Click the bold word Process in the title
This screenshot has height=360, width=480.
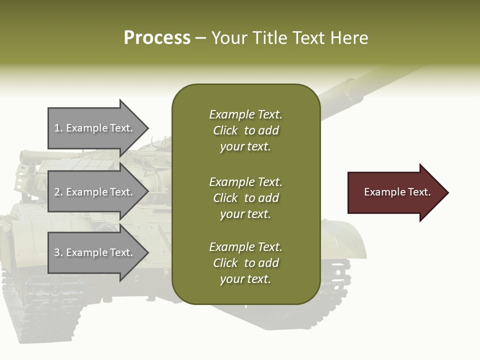point(157,38)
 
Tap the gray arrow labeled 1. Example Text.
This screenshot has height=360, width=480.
point(95,128)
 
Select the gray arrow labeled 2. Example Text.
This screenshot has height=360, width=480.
point(95,192)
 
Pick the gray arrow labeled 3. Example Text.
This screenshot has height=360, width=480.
point(95,252)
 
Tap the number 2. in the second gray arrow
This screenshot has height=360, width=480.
point(58,192)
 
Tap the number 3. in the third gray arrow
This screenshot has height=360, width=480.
point(58,252)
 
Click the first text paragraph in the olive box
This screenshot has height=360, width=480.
point(245,130)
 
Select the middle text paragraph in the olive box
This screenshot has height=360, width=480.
point(245,198)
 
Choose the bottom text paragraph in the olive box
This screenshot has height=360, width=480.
point(245,263)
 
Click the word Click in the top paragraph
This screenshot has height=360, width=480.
point(225,130)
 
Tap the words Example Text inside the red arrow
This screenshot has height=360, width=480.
point(397,192)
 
